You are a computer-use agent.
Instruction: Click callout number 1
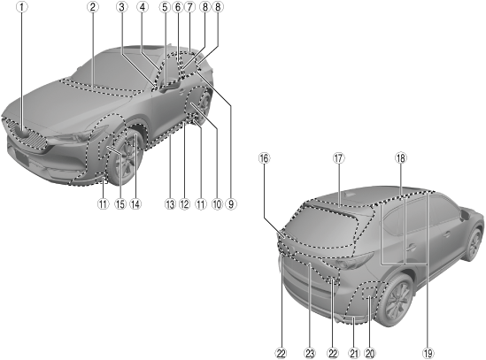pos(22,7)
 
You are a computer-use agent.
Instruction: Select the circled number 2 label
pos(92,7)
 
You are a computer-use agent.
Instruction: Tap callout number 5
pos(165,7)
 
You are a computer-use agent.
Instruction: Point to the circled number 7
pos(189,7)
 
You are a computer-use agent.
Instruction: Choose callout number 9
pos(231,203)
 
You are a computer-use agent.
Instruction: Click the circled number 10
pos(217,203)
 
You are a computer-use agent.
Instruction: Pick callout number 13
pos(170,203)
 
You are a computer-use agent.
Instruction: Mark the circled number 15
pos(120,203)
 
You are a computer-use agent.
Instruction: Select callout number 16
pos(264,158)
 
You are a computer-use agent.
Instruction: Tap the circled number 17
pos(339,158)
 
